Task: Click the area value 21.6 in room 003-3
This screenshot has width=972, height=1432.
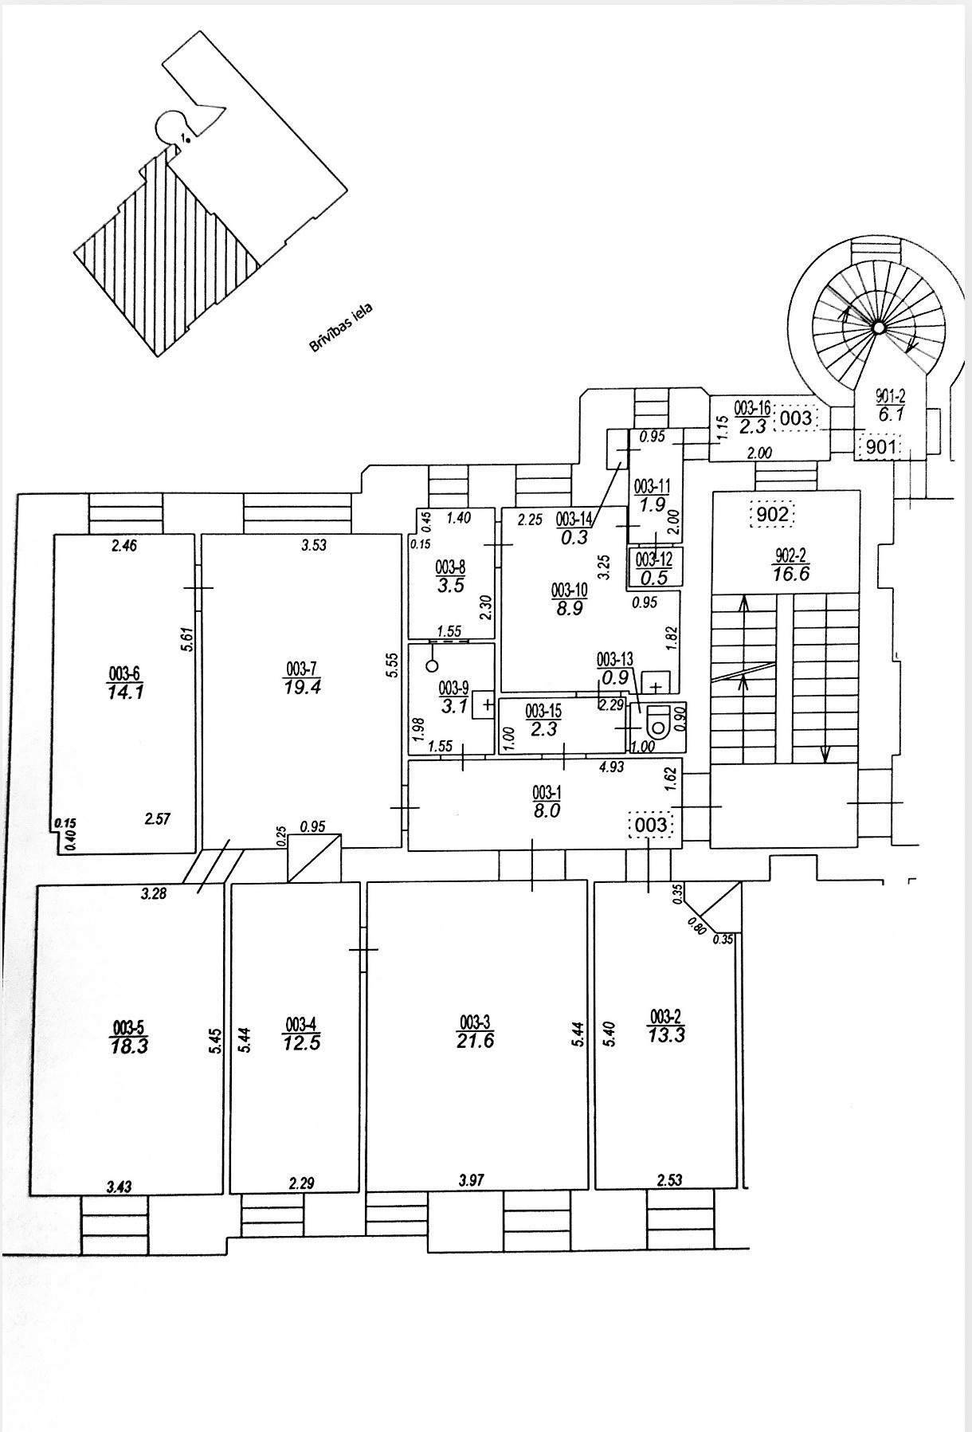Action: click(475, 1040)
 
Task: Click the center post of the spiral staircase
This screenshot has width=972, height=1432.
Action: click(877, 327)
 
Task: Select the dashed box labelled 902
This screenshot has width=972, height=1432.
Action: click(772, 515)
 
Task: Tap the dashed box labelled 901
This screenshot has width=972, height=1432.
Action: click(881, 447)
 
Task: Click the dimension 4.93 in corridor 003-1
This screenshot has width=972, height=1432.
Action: click(611, 767)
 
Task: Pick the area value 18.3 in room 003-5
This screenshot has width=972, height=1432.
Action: click(130, 1046)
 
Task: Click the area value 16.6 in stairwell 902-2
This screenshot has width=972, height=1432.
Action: click(790, 574)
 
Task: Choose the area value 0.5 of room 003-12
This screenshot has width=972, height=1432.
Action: click(653, 579)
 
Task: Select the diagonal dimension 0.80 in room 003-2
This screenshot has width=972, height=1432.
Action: click(696, 924)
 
